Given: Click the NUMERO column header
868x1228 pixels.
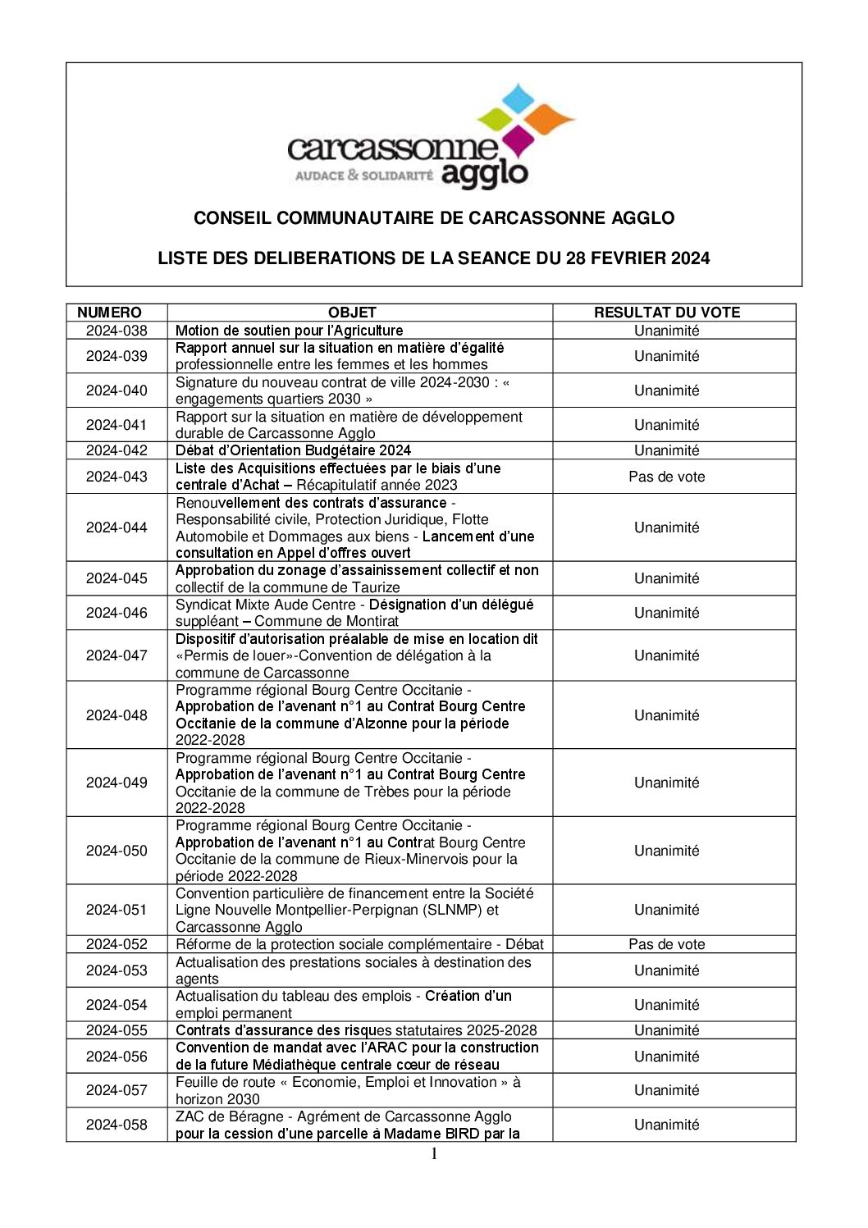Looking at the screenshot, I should pyautogui.click(x=109, y=313).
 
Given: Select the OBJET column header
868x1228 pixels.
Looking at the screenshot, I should pyautogui.click(x=352, y=313).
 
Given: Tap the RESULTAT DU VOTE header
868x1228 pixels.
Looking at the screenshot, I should pyautogui.click(x=666, y=313).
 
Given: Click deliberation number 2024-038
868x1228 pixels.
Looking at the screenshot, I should pyautogui.click(x=116, y=331).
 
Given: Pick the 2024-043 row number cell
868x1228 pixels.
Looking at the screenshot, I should pyautogui.click(x=116, y=477).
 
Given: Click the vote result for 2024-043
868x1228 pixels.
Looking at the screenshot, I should pyautogui.click(x=666, y=477).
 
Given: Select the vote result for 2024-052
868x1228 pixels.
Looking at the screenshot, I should pyautogui.click(x=666, y=944).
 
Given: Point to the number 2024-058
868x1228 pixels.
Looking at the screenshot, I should pyautogui.click(x=116, y=1125).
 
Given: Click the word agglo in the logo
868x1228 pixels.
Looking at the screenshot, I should pyautogui.click(x=484, y=174).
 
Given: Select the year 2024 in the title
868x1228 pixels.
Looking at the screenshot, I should pyautogui.click(x=690, y=258).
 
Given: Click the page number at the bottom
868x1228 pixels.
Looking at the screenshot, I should pyautogui.click(x=434, y=1155).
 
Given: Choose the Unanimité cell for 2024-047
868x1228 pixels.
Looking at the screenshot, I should pyautogui.click(x=666, y=655).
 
